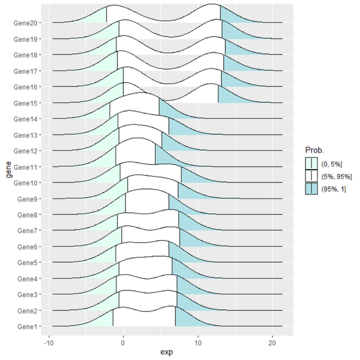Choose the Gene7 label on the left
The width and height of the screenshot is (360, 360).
(29, 230)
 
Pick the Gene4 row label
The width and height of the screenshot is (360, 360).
(29, 278)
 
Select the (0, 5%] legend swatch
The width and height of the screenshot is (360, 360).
(311, 162)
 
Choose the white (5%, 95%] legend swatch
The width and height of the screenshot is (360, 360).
(311, 175)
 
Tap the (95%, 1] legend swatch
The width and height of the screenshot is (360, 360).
(311, 188)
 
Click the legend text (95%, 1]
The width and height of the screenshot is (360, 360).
(334, 188)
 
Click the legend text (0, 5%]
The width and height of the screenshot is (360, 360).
(332, 162)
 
